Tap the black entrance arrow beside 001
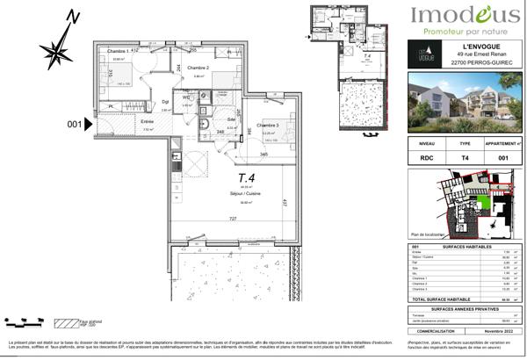pos(88,125)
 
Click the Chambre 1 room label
pos(119,52)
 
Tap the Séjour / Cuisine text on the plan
pos(200,194)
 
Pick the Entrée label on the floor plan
pos(147,121)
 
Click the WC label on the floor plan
pos(186,97)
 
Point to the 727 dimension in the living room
pos(232,218)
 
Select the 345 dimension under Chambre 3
pos(263,154)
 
